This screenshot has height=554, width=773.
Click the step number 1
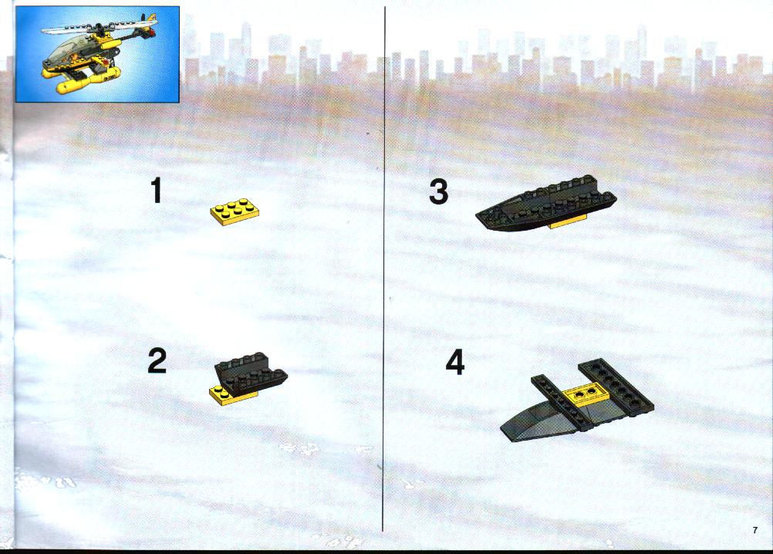click(157, 191)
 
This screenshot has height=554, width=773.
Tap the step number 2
click(157, 360)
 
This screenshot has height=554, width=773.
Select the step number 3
click(438, 191)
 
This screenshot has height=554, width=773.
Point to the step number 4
click(455, 363)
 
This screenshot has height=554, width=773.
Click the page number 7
click(754, 530)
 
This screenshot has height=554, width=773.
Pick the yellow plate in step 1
click(235, 212)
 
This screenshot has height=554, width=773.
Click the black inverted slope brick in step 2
click(251, 373)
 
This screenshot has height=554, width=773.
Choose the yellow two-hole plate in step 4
click(586, 394)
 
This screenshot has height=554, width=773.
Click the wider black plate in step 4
click(616, 387)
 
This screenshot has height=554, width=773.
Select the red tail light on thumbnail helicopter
click(154, 33)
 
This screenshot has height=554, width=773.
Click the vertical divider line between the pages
click(384, 269)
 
